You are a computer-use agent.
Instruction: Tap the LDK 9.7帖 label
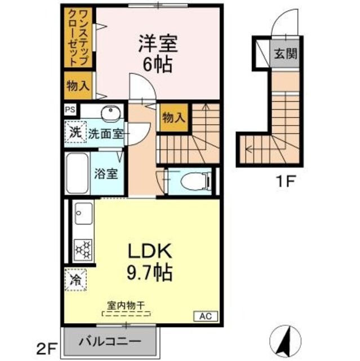[x=148, y=262]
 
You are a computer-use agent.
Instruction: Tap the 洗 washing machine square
[x=74, y=134]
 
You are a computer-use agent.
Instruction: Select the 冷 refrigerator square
[x=75, y=279]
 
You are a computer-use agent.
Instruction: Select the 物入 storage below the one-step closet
[x=77, y=86]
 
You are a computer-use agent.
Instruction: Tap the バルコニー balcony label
[x=109, y=341]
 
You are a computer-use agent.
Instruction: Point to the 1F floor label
[x=285, y=182]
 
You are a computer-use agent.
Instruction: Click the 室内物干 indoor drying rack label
[x=126, y=306]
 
